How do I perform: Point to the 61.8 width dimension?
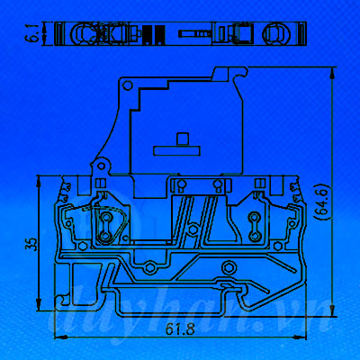pos(180,329)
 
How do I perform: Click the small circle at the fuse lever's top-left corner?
pos(128,85)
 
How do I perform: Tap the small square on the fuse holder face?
pos(182,139)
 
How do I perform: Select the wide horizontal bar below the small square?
pos(176,150)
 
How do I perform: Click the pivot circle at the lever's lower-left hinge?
pos(102,166)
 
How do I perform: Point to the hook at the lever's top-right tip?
pos(241,73)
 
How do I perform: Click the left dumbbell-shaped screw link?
pos(105,226)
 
